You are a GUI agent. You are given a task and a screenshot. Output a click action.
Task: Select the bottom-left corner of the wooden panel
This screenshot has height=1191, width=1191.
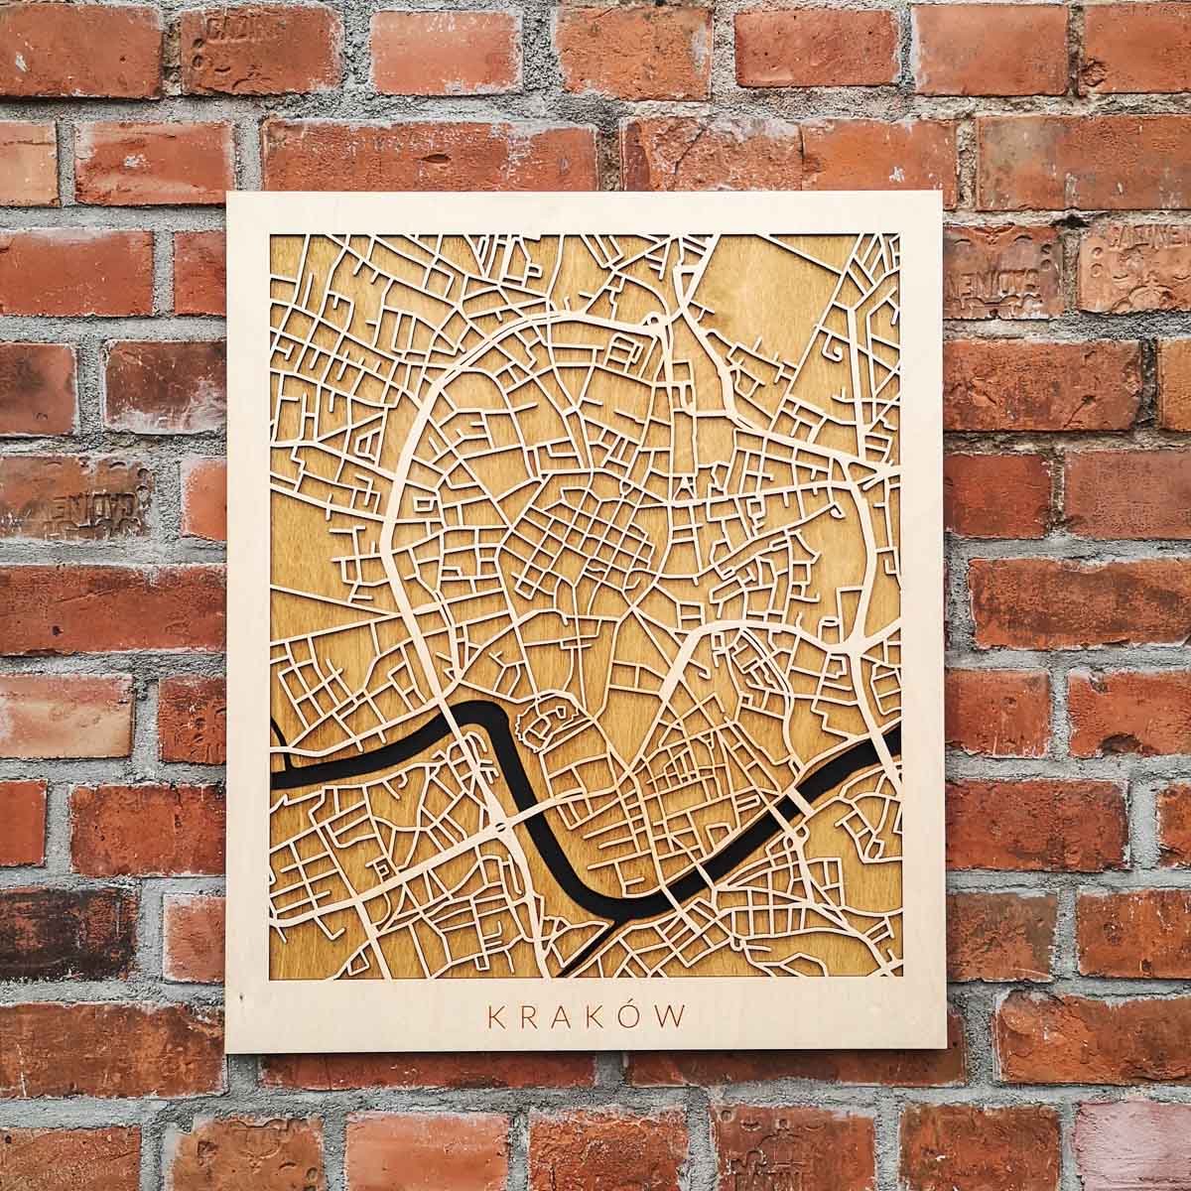coord(227,1051)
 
